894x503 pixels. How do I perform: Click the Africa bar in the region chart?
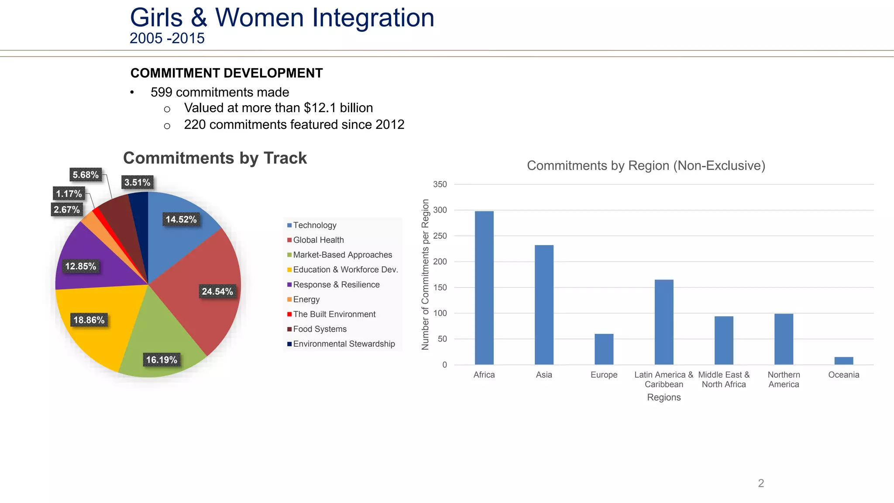point(484,288)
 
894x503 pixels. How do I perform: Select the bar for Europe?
point(604,349)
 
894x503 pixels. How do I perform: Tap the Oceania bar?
point(843,361)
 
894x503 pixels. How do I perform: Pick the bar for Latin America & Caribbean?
point(664,322)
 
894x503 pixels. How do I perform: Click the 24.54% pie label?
point(217,292)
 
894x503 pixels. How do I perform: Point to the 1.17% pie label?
point(69,194)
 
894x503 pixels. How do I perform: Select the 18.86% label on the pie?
point(89,320)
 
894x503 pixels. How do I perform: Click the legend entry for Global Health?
point(318,240)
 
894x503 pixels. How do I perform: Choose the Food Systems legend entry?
point(320,329)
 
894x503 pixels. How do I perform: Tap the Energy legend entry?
point(306,300)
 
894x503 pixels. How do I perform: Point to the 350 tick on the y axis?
point(440,184)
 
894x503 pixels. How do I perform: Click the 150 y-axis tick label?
point(440,287)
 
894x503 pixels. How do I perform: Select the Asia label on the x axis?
point(544,375)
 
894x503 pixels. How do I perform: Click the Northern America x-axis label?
point(784,379)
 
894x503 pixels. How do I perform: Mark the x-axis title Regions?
point(664,397)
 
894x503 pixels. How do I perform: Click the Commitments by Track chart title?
point(215,158)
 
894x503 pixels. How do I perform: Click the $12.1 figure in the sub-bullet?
point(320,108)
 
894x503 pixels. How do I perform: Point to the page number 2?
point(761,483)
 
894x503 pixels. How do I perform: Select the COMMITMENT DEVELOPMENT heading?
point(227,73)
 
